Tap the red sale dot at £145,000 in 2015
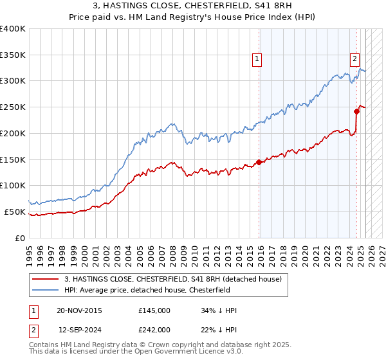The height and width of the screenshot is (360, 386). pyautogui.click(x=259, y=162)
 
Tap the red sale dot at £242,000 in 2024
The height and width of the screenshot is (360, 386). pyautogui.click(x=356, y=111)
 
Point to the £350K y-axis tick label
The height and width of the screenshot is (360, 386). pyautogui.click(x=13, y=55)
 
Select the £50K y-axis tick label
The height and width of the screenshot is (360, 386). pyautogui.click(x=15, y=212)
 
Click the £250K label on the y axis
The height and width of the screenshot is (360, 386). pyautogui.click(x=13, y=107)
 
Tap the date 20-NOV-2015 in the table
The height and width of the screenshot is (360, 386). pyautogui.click(x=79, y=310)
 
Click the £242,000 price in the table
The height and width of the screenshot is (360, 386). pyautogui.click(x=154, y=329)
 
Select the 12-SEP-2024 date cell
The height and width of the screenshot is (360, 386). pyautogui.click(x=80, y=329)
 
